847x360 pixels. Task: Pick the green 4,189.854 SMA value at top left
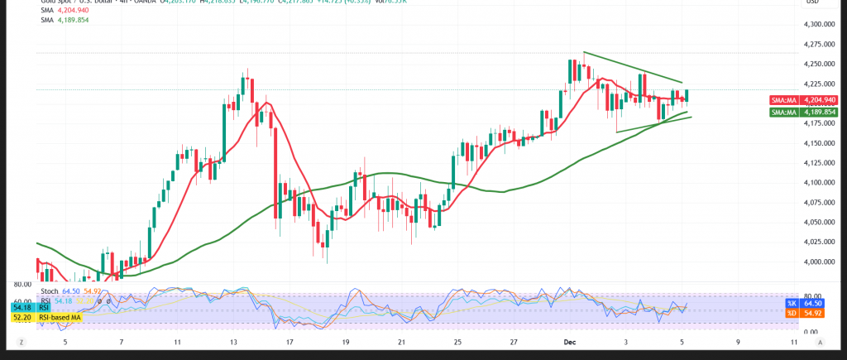71,21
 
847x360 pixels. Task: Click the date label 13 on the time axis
234,341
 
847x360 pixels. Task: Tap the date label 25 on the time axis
457,341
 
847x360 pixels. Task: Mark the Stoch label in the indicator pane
49,290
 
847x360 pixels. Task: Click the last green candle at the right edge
687,96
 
